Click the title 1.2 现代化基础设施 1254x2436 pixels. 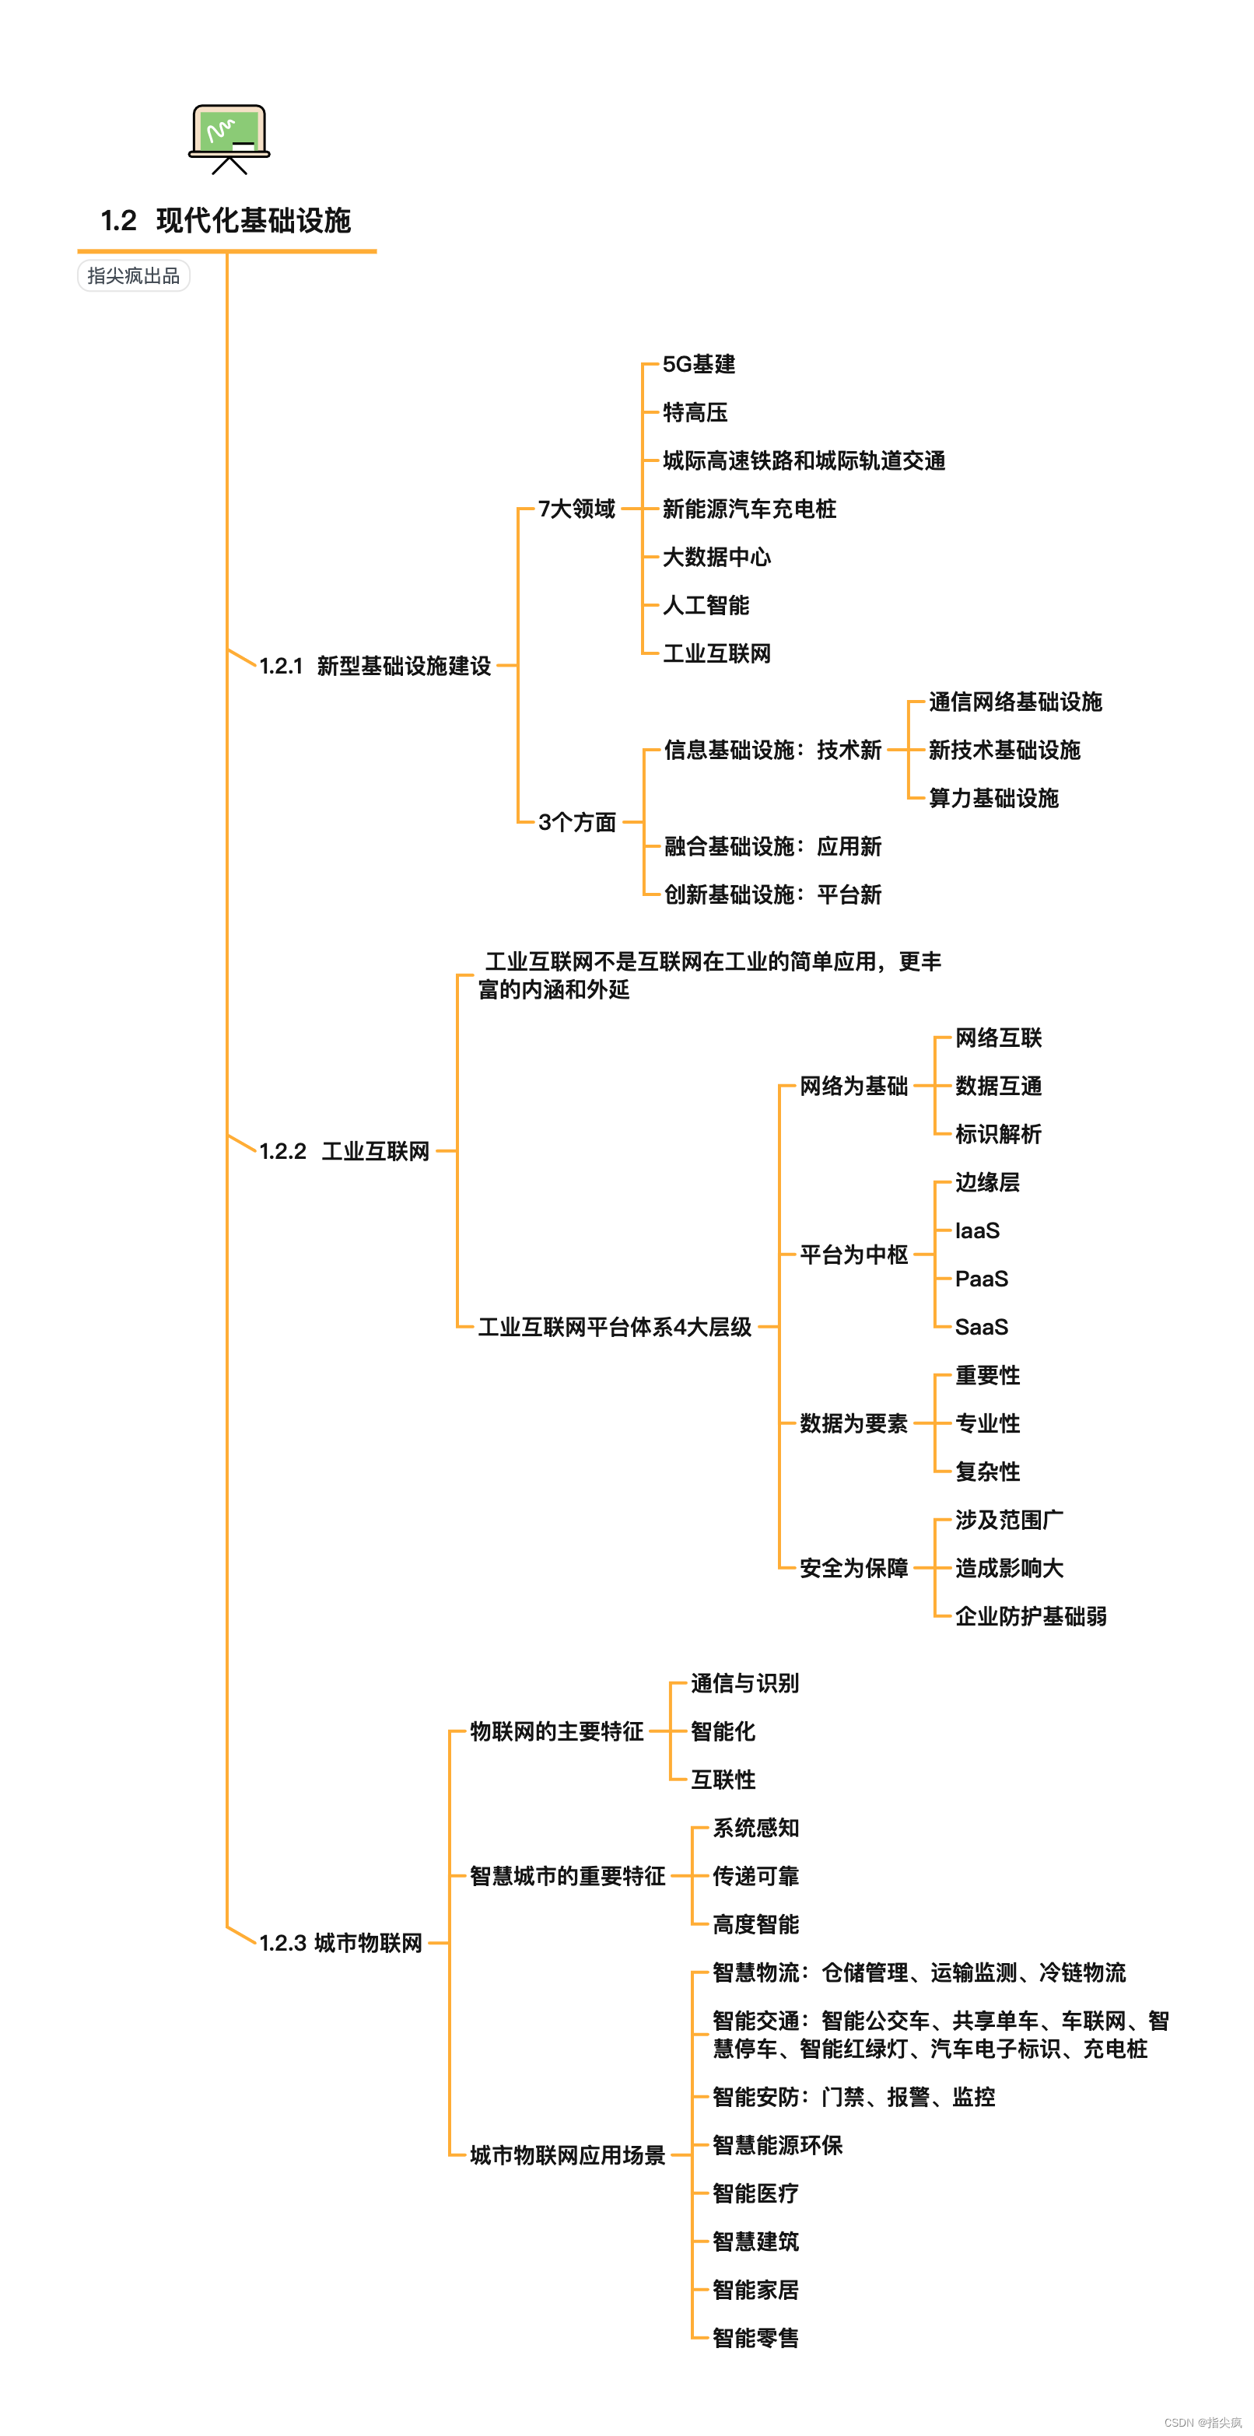point(226,220)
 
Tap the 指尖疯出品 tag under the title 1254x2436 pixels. point(133,275)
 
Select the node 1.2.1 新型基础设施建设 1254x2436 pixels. point(376,666)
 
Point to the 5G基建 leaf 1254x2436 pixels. point(699,364)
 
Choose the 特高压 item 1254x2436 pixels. point(695,412)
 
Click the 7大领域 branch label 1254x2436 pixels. point(577,509)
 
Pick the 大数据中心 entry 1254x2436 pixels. point(716,557)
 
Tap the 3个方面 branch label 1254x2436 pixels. point(577,822)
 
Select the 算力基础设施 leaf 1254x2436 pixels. point(993,798)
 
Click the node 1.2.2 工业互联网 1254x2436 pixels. point(345,1151)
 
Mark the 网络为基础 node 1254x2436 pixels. point(853,1086)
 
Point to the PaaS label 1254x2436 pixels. point(982,1279)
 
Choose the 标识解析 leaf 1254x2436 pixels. point(998,1134)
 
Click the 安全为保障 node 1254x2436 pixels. point(853,1568)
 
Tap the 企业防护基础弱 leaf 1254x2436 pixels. point(1031,1616)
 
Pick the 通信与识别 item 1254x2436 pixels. point(744,1683)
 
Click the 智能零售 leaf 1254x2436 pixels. point(755,2338)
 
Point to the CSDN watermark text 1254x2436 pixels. point(1202,2422)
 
